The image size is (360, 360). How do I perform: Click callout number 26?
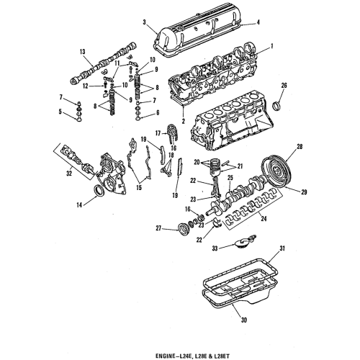tap(284, 86)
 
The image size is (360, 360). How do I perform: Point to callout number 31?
tap(283, 248)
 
